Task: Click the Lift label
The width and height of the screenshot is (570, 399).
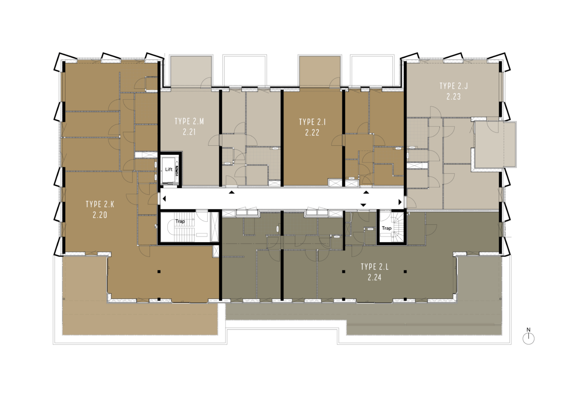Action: pyautogui.click(x=169, y=170)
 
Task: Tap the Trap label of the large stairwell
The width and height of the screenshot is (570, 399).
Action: pyautogui.click(x=180, y=221)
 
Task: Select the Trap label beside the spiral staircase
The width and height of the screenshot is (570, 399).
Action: pyautogui.click(x=387, y=228)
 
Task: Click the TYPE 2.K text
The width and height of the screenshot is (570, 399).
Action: pyautogui.click(x=100, y=204)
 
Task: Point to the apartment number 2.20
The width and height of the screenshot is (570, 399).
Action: pyautogui.click(x=100, y=215)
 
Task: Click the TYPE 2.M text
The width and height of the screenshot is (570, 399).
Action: pyautogui.click(x=190, y=122)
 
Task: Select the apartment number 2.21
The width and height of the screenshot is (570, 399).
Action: pyautogui.click(x=190, y=132)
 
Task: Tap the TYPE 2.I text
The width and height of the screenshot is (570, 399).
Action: pyautogui.click(x=313, y=122)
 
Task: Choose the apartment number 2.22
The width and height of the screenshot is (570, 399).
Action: pyautogui.click(x=312, y=133)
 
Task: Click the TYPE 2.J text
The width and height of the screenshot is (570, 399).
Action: pyautogui.click(x=454, y=86)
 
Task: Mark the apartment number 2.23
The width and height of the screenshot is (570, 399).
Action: pyautogui.click(x=454, y=97)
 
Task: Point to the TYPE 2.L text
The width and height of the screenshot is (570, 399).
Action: pyautogui.click(x=375, y=266)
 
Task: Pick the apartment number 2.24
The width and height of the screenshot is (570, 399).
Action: pyautogui.click(x=375, y=277)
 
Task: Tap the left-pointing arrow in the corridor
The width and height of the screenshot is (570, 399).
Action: pyautogui.click(x=164, y=199)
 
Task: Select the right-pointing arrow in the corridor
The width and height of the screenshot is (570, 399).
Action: pyautogui.click(x=400, y=202)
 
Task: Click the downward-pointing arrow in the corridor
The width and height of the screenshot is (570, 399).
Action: pyautogui.click(x=363, y=205)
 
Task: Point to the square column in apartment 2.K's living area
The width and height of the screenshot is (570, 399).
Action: pyautogui.click(x=159, y=272)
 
